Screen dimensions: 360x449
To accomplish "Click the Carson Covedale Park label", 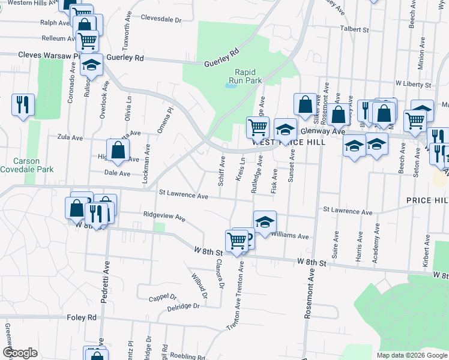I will pyautogui.click(x=26, y=165).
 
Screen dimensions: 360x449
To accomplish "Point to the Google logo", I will pyautogui.click(x=20, y=353).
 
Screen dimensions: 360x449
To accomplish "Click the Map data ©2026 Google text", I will pyautogui.click(x=411, y=355).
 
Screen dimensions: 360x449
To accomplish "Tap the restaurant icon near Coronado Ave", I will pyautogui.click(x=23, y=104).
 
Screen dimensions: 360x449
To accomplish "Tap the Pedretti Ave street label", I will pyautogui.click(x=105, y=289).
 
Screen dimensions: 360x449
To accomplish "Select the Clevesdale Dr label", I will pyautogui.click(x=161, y=19).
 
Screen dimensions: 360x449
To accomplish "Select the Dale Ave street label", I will pyautogui.click(x=117, y=173).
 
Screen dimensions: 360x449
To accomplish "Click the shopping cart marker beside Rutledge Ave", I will pyautogui.click(x=258, y=127).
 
